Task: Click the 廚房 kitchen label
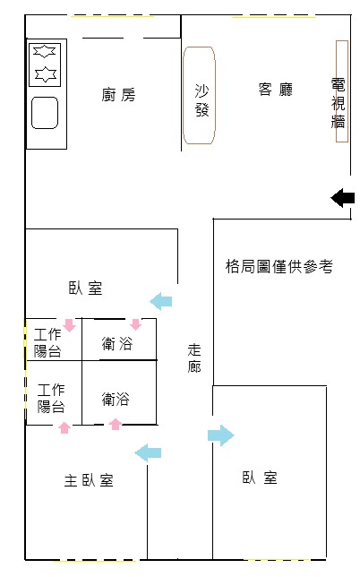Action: (118, 95)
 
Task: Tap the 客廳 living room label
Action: (276, 90)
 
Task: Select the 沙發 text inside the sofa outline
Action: (201, 100)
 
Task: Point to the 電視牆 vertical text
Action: (338, 103)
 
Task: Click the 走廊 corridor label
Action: (194, 358)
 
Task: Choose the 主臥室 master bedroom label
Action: (89, 480)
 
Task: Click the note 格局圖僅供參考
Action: (279, 266)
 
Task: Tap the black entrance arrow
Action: (343, 198)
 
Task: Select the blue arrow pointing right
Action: (221, 435)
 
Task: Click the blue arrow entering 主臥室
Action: (148, 452)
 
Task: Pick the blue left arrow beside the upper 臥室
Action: (160, 301)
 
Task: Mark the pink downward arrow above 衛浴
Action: (136, 324)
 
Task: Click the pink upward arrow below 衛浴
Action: (116, 424)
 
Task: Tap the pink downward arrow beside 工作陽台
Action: (69, 325)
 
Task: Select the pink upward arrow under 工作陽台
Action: (64, 427)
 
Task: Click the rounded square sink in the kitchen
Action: (45, 113)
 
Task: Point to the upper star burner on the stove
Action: (45, 51)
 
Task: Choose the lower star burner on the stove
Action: (46, 74)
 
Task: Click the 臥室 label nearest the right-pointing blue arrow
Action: (259, 478)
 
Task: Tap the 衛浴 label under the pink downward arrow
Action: (117, 343)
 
